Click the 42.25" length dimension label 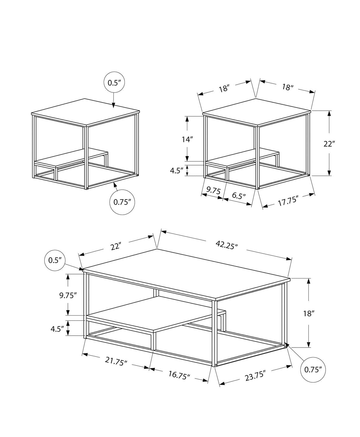tap(227, 244)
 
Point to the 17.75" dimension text tap(288, 201)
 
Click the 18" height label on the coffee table tap(309, 313)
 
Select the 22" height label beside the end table tap(329, 143)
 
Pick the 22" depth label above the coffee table tap(116, 246)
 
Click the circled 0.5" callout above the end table tap(114, 82)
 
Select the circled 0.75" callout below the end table tap(122, 202)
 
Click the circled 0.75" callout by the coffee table tap(313, 369)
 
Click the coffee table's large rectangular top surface tap(187, 274)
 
